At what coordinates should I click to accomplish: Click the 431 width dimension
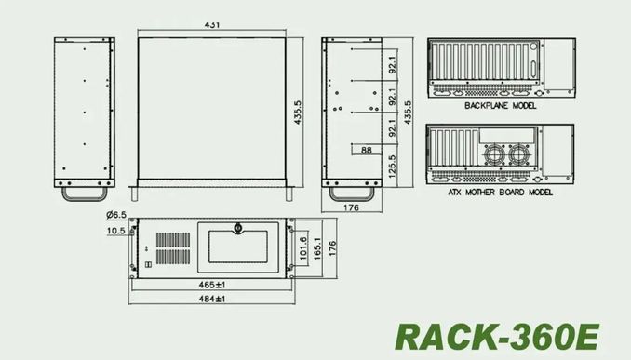212,24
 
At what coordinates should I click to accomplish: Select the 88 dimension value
366,150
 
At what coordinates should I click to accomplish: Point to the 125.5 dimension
393,167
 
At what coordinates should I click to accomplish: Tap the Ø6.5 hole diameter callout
116,215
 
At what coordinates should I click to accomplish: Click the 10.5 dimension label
116,231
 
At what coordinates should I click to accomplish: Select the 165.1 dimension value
317,248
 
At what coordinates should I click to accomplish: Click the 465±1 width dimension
212,285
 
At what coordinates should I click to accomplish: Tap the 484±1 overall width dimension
212,299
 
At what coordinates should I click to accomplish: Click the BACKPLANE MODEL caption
500,106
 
